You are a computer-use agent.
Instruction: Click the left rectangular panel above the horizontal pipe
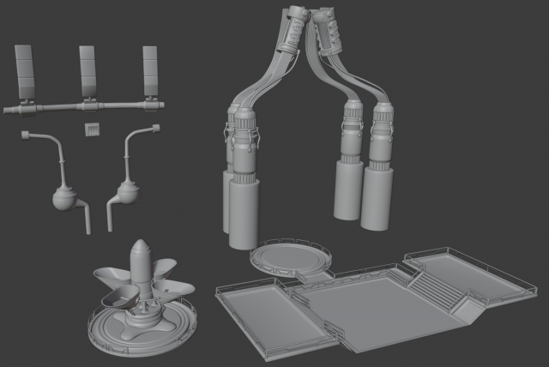(x=25, y=70)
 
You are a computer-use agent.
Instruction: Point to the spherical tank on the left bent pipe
(x=64, y=198)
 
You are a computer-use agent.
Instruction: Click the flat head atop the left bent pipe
(x=25, y=134)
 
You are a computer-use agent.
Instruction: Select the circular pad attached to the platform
(x=290, y=256)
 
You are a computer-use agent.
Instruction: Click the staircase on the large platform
(x=437, y=287)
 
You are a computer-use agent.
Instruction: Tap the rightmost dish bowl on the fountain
(x=178, y=290)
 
